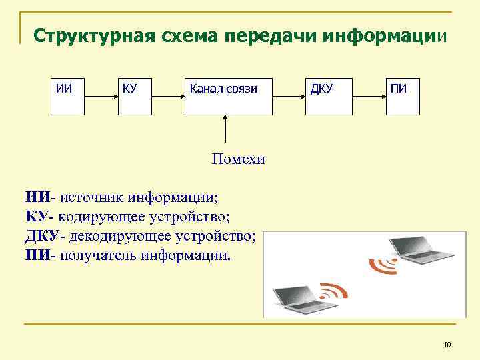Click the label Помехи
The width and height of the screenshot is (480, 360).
pos(238,159)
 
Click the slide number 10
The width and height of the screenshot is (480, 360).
pos(447,344)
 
